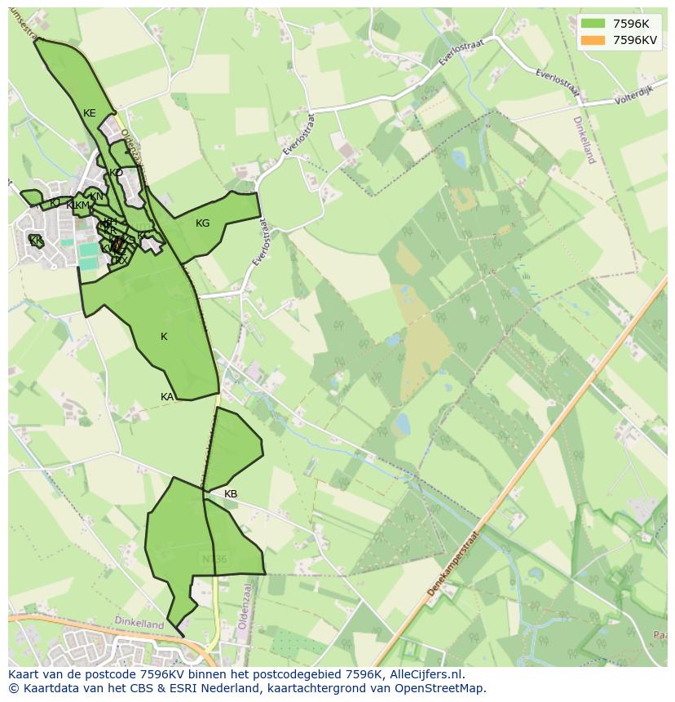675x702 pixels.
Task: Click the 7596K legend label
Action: pyautogui.click(x=631, y=24)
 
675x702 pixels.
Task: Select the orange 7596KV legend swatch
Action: pyautogui.click(x=593, y=40)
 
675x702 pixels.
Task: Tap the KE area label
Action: pyautogui.click(x=90, y=113)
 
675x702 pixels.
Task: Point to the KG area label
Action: pyautogui.click(x=203, y=223)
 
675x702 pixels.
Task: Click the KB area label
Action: pyautogui.click(x=231, y=494)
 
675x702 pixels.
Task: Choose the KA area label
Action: pyautogui.click(x=167, y=397)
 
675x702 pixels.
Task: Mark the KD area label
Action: pyautogui.click(x=116, y=173)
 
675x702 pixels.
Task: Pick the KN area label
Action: pyautogui.click(x=97, y=196)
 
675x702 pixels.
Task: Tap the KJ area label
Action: pyautogui.click(x=55, y=203)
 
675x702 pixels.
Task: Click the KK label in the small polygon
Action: pyautogui.click(x=36, y=241)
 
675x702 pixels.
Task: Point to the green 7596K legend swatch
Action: pyautogui.click(x=593, y=24)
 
